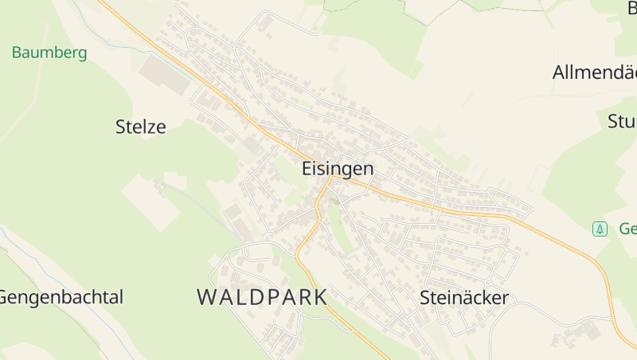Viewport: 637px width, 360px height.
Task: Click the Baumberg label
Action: (49, 53)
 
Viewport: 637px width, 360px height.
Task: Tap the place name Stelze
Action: (141, 126)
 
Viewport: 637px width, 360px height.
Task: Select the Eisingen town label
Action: (338, 169)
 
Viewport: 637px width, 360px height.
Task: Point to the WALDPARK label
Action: (262, 298)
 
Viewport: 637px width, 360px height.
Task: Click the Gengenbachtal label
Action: (61, 298)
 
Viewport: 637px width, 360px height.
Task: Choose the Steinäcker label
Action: (463, 299)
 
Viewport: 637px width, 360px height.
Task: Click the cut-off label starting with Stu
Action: (622, 122)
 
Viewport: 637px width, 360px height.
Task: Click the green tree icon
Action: (600, 229)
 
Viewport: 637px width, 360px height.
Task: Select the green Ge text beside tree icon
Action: (627, 229)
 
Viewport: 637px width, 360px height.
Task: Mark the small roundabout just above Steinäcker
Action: (487, 284)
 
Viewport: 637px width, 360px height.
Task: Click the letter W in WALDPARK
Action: (206, 298)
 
